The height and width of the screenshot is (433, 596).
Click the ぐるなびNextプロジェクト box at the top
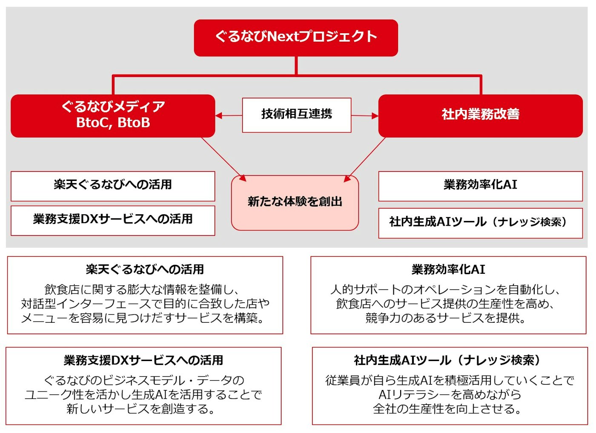tap(296, 38)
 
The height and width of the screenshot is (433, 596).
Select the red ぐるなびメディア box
tap(113, 116)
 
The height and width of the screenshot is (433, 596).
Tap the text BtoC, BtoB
tap(113, 123)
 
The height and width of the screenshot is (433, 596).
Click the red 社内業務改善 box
tap(481, 116)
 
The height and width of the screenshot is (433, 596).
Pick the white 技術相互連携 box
tap(297, 115)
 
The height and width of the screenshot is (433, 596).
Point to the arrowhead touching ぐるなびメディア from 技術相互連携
tap(218, 115)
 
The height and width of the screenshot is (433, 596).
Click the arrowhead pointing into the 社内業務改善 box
tap(375, 116)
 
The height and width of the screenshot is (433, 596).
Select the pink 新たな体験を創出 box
tap(295, 203)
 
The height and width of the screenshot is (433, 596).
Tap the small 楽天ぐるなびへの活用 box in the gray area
tap(113, 186)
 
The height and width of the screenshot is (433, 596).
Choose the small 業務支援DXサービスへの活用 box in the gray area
tap(113, 221)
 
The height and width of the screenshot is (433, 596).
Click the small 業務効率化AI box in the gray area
tap(481, 186)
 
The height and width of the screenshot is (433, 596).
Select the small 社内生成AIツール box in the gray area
tap(481, 223)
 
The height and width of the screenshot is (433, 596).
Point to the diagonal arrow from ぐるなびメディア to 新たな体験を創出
tap(224, 159)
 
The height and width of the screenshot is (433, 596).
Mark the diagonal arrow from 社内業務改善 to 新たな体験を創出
tap(364, 160)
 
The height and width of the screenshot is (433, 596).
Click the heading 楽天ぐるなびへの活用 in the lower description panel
tap(145, 270)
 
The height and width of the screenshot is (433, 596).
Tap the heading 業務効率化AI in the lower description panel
tap(448, 270)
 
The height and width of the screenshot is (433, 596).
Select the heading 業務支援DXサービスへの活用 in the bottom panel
tap(143, 360)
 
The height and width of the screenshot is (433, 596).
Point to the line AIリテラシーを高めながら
tap(450, 394)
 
